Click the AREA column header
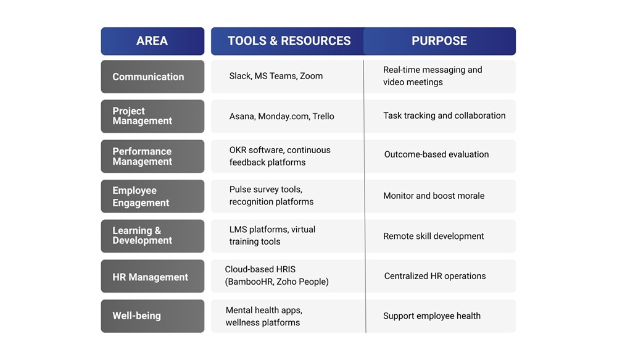click(x=152, y=41)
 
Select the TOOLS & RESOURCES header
click(x=289, y=41)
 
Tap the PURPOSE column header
click(x=439, y=41)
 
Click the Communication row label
click(x=148, y=77)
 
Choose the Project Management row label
click(x=143, y=116)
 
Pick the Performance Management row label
click(x=143, y=156)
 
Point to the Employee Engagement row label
click(x=141, y=196)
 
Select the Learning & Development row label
click(x=143, y=235)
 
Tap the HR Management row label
click(x=150, y=277)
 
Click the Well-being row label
click(x=136, y=316)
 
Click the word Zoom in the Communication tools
click(x=311, y=76)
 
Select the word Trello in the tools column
click(x=323, y=116)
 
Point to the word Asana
click(x=241, y=116)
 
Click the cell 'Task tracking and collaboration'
click(x=444, y=115)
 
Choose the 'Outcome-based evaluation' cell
click(x=436, y=154)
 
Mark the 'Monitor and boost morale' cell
click(x=434, y=196)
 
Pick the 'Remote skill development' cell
click(x=433, y=236)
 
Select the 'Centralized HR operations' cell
click(x=435, y=276)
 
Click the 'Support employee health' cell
click(x=432, y=316)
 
